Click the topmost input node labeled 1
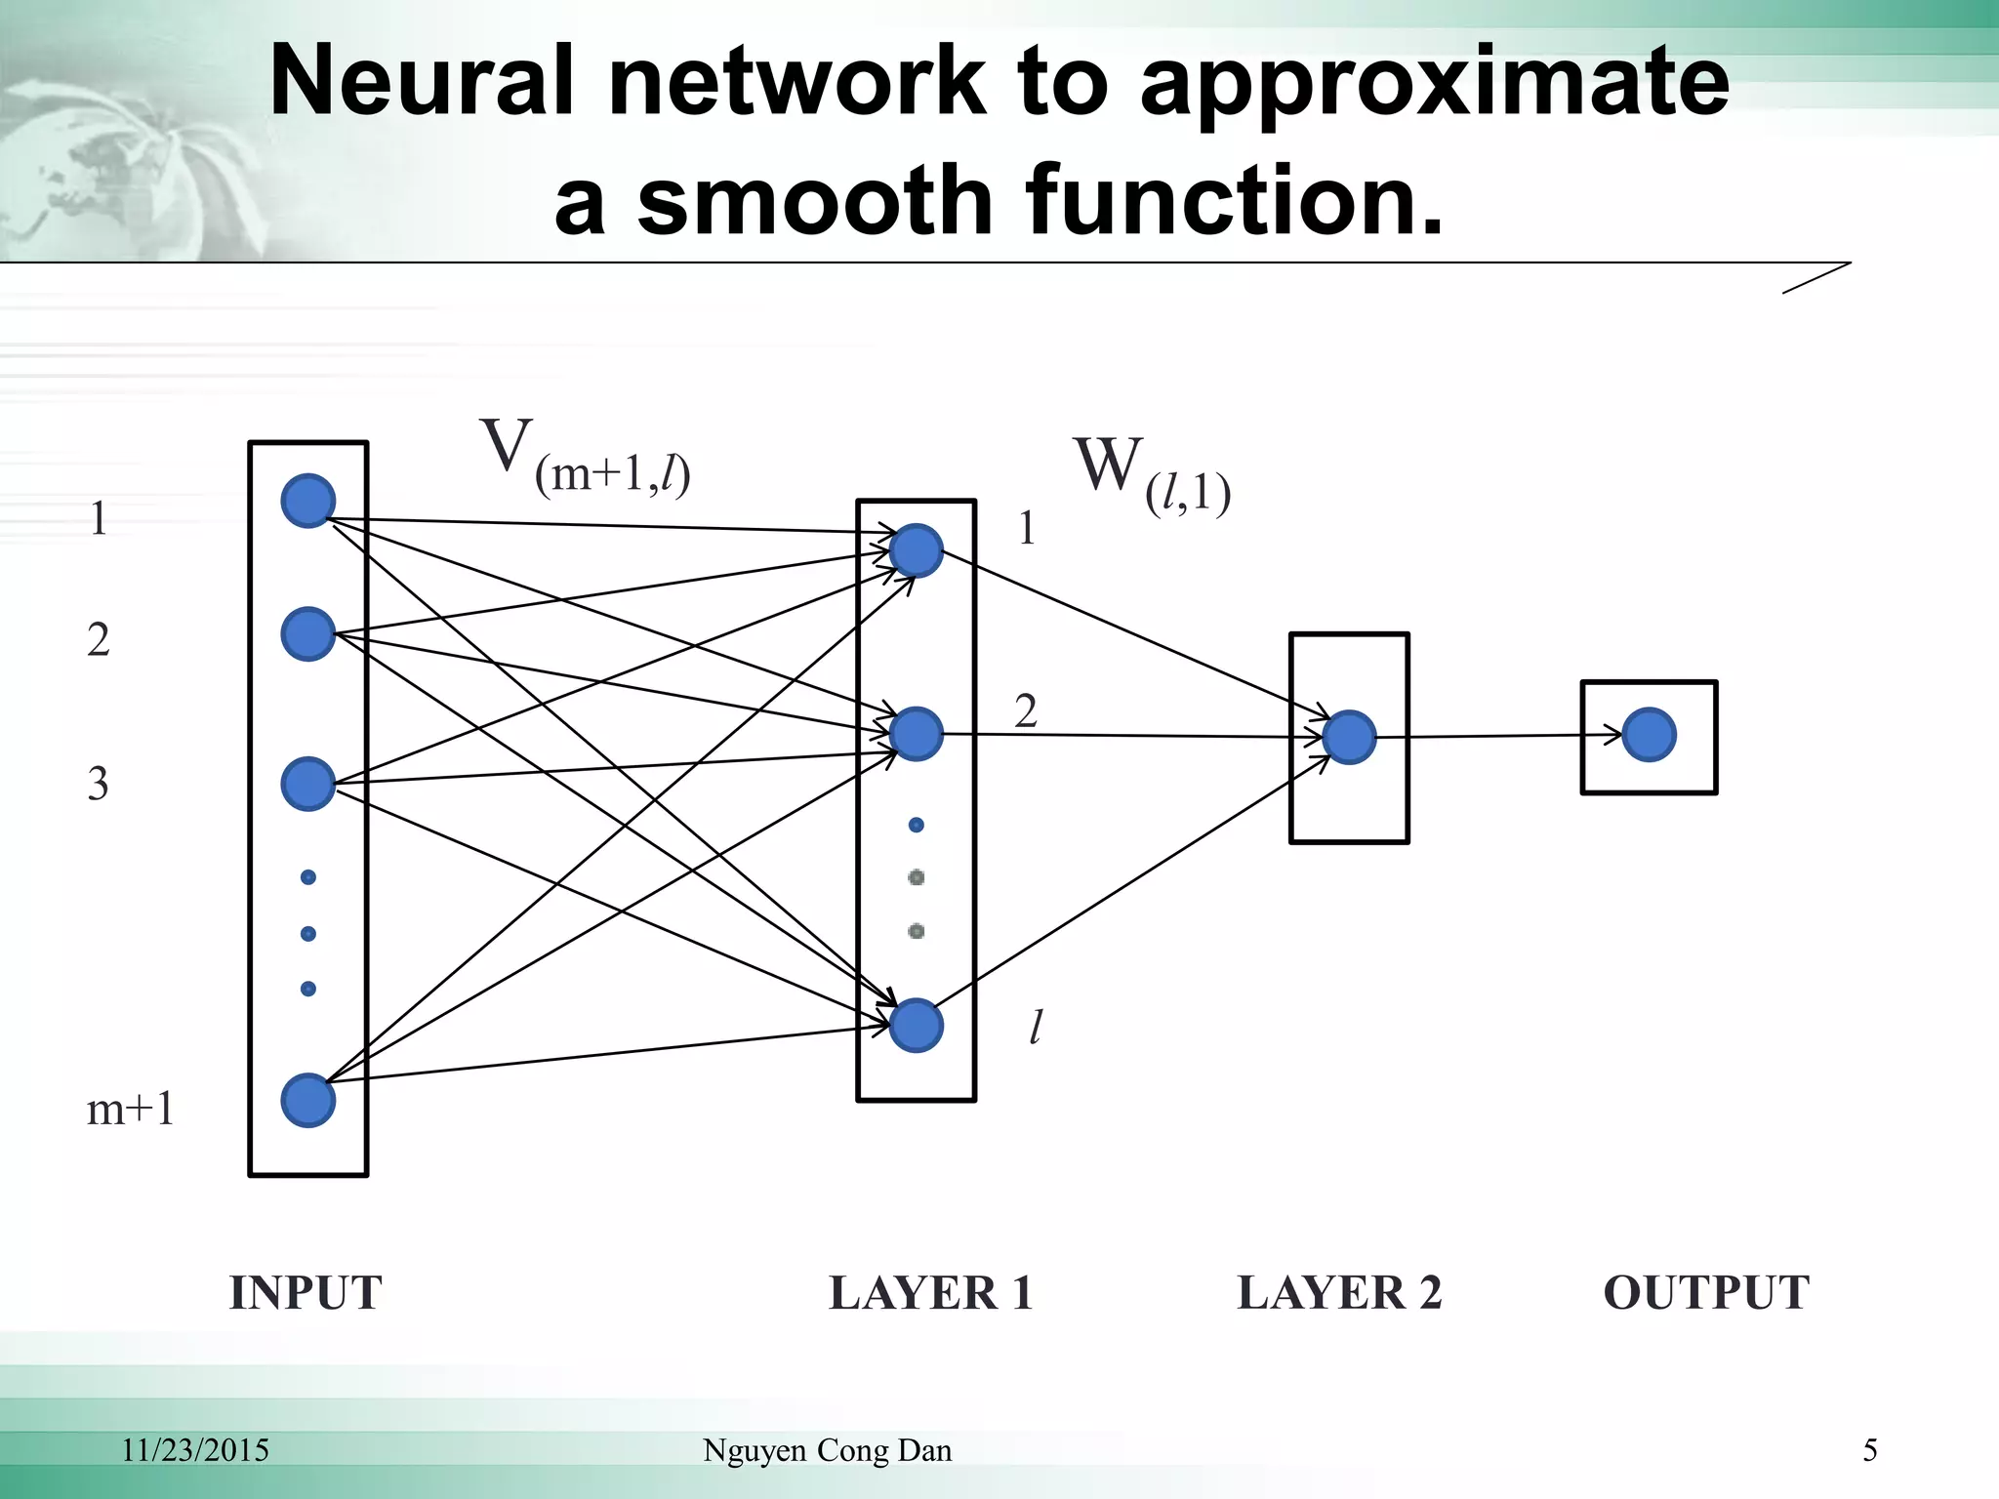coord(308,501)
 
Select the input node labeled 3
coord(308,784)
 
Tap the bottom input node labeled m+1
coord(308,1101)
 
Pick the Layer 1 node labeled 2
coord(916,734)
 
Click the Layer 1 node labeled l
coord(916,1025)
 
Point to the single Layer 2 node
coord(1350,737)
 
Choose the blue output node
coord(1650,735)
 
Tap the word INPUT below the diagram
coord(306,1292)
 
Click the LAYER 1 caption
coord(930,1292)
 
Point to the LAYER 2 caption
coord(1339,1292)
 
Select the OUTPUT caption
coord(1706,1292)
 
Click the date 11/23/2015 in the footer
coord(195,1450)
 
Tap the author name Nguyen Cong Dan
coord(827,1450)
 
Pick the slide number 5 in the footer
coord(1870,1450)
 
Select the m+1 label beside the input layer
coord(131,1109)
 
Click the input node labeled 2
coord(308,634)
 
